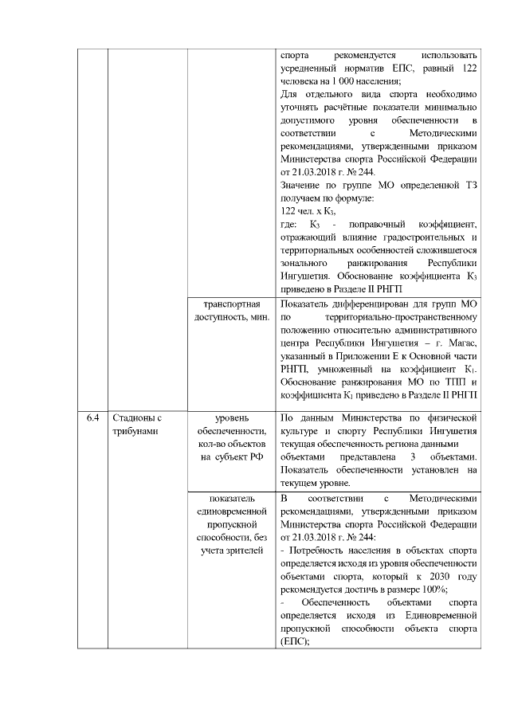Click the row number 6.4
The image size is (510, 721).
(93, 417)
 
